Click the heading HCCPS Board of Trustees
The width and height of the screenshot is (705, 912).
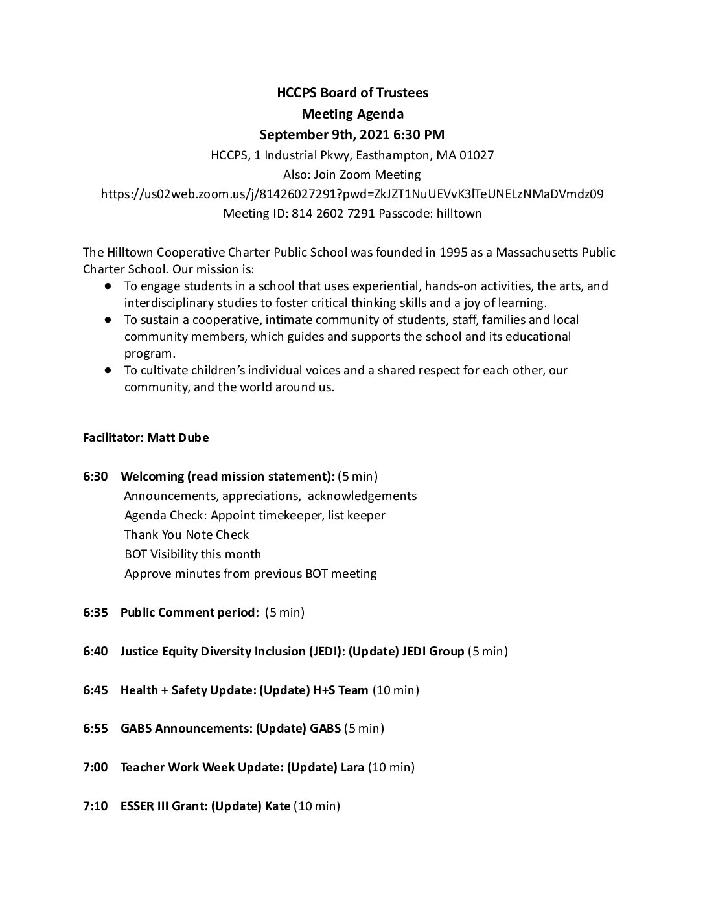352,93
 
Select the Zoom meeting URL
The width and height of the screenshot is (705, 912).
352,194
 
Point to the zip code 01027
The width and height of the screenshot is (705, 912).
476,155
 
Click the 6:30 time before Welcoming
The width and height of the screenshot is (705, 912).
95,477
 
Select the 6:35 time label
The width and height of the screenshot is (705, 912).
95,612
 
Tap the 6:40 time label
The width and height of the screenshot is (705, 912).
95,651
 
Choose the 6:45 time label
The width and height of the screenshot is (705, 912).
95,690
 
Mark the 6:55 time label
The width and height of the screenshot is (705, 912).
95,728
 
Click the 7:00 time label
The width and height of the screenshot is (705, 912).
95,767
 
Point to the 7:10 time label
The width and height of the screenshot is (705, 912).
95,806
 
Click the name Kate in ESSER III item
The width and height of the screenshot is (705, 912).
277,806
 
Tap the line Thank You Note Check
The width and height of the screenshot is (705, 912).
187,534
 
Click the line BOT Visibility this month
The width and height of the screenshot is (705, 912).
192,554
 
